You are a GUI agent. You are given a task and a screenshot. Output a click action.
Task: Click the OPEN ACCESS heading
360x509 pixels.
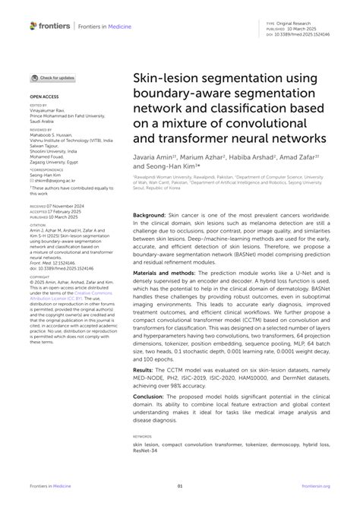(44, 97)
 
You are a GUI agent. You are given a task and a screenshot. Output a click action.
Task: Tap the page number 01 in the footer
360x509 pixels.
(180, 486)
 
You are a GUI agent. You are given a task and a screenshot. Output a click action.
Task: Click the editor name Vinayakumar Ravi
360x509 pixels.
(49, 112)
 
